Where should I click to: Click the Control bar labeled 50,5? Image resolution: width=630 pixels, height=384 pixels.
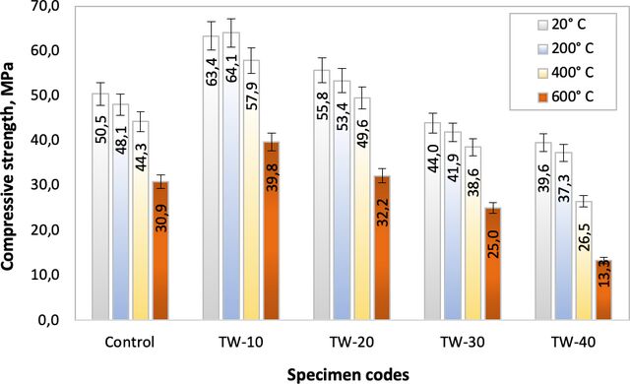coord(100,207)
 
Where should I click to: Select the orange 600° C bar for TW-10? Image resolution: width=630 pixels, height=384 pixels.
coord(273,231)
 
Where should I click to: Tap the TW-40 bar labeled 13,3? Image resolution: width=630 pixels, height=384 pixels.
coord(603,290)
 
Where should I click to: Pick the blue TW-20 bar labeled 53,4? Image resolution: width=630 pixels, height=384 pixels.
coord(342,200)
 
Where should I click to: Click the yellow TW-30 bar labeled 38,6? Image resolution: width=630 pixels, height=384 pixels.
coord(472,233)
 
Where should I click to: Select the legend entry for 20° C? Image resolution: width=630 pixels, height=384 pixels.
coord(562,25)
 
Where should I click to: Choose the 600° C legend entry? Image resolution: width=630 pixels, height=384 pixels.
coord(566,96)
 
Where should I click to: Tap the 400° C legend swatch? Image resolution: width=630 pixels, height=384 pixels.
coord(542,73)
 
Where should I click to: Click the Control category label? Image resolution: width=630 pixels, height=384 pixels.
coord(129,343)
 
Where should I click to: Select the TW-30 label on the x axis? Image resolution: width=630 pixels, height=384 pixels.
coord(463,343)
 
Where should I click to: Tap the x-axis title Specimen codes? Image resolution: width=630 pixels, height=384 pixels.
coord(348,374)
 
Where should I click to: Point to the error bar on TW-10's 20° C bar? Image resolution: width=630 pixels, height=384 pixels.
coord(212,35)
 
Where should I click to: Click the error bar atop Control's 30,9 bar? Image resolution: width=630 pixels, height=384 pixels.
coord(160,181)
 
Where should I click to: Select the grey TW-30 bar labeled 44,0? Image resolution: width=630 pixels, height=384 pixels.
coord(433,221)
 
